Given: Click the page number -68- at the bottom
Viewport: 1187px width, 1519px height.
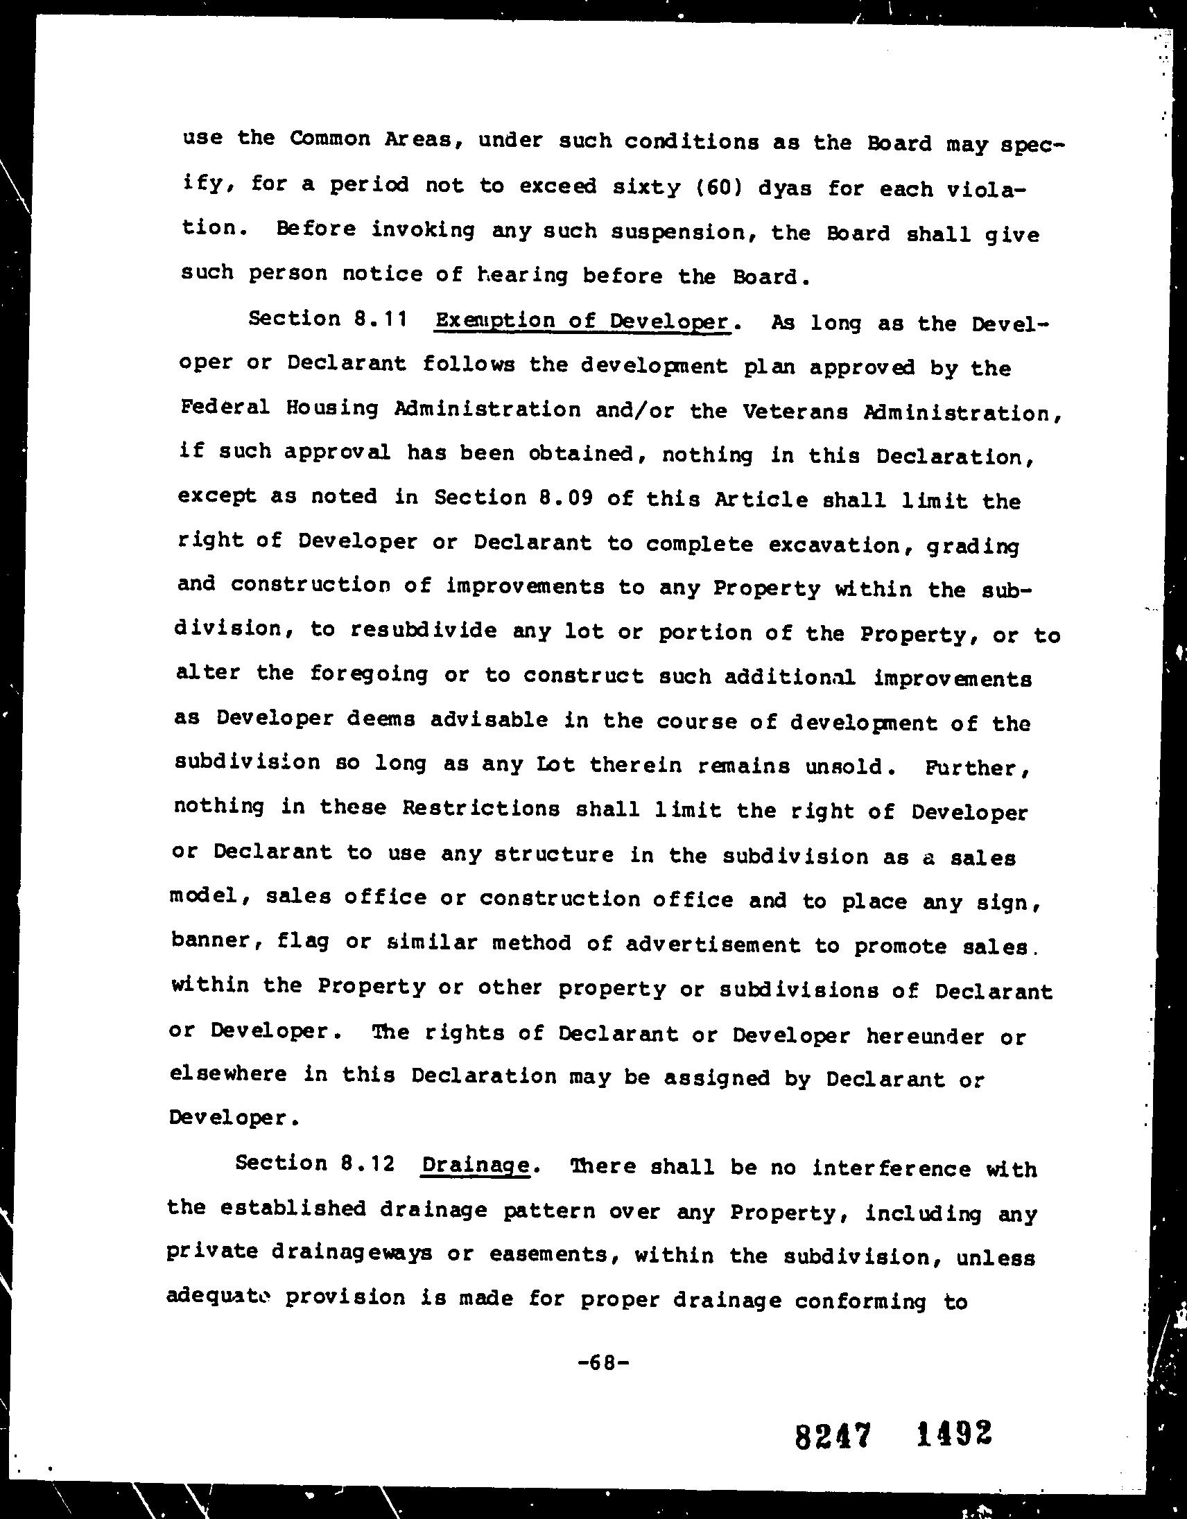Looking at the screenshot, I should click(x=603, y=1362).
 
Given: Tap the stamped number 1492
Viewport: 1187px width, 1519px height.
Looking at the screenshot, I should click(x=953, y=1432).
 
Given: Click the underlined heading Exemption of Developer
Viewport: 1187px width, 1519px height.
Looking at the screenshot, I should click(x=581, y=322).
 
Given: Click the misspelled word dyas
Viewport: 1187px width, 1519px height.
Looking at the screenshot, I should click(x=785, y=188).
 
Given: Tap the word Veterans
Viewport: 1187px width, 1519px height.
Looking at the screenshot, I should click(x=795, y=412).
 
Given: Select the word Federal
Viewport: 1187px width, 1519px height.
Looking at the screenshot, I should click(x=224, y=407).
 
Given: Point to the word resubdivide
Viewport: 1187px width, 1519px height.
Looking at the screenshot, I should click(x=424, y=630).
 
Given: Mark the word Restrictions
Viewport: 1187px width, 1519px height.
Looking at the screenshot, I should click(x=480, y=808).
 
